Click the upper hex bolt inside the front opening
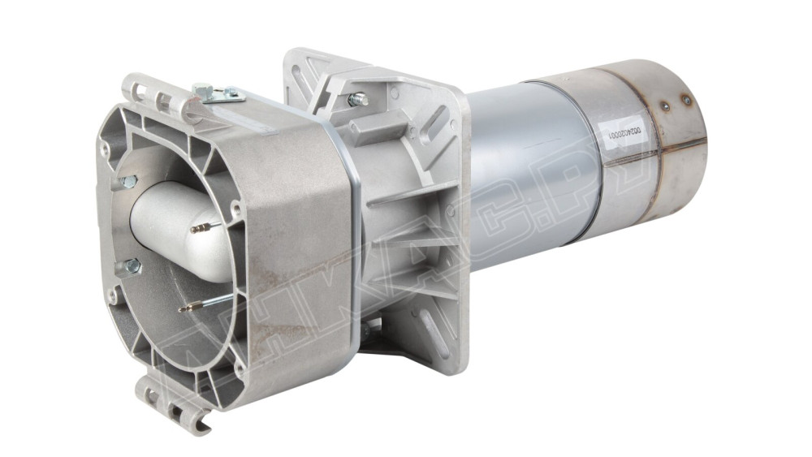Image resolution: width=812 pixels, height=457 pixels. point(127,183)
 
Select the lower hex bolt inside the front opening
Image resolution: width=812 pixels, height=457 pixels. point(131,265)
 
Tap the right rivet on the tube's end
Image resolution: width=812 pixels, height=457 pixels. point(686,100)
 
